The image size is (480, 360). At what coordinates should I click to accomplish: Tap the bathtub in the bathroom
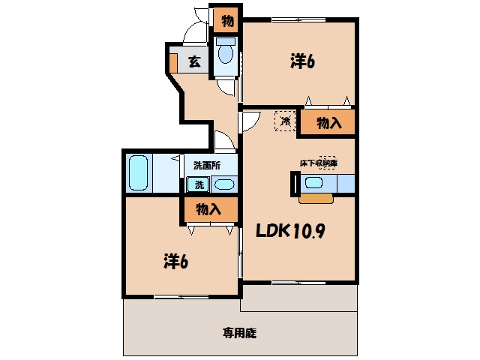[138, 173]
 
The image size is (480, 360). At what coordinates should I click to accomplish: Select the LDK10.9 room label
[290, 230]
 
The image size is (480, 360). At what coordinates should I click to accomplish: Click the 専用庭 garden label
[239, 333]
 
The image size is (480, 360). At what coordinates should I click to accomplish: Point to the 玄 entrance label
[195, 61]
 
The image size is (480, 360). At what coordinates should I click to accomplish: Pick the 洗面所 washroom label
[207, 166]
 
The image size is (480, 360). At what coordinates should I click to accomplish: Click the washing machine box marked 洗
[198, 184]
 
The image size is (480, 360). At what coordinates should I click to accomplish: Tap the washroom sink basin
[224, 184]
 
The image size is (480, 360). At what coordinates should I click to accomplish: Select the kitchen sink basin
[313, 183]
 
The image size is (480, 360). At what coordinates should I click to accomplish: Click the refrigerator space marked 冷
[285, 121]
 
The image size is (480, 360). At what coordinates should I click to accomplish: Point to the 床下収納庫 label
[318, 163]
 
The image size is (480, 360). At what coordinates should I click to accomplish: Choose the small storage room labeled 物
[227, 21]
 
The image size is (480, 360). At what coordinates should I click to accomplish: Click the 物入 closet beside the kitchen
[328, 122]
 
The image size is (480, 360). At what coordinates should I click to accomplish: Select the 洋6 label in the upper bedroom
[302, 61]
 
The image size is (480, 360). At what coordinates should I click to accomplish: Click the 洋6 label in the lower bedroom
[175, 261]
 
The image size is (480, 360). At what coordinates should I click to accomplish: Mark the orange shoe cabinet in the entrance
[173, 63]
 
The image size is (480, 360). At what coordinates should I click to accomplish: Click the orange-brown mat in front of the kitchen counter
[316, 198]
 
